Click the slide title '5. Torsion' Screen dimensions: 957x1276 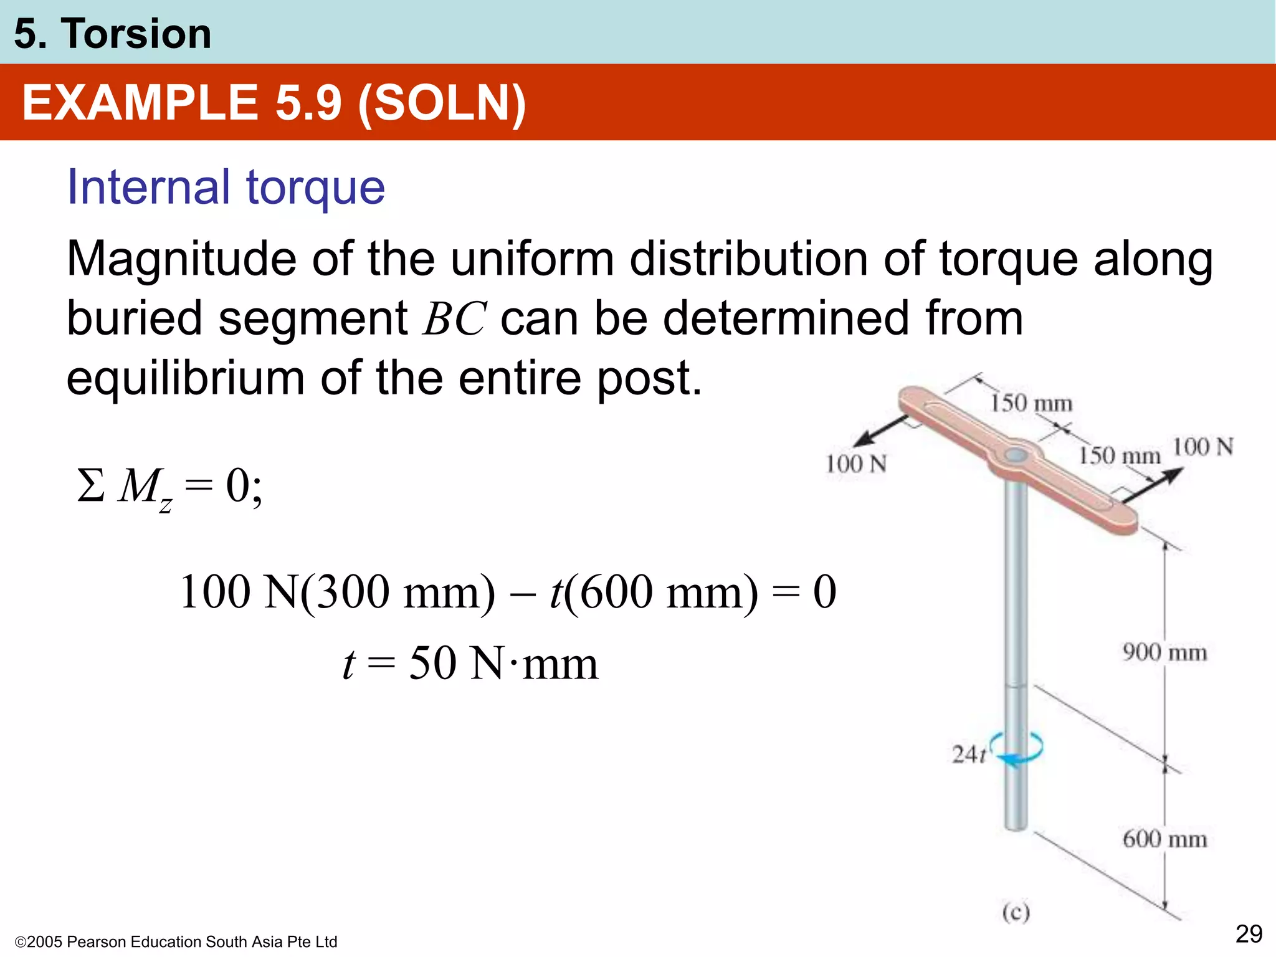[x=112, y=34]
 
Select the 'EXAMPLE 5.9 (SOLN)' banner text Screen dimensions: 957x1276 [x=274, y=103]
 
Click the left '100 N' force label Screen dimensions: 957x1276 [x=855, y=464]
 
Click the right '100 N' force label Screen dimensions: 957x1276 [x=1202, y=447]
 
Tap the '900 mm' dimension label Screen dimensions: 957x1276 [x=1164, y=653]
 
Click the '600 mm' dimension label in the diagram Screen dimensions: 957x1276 [x=1164, y=839]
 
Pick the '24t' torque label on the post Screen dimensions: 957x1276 [x=968, y=755]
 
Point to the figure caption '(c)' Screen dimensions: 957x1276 [x=1016, y=913]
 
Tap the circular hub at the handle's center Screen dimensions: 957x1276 [x=1016, y=455]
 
